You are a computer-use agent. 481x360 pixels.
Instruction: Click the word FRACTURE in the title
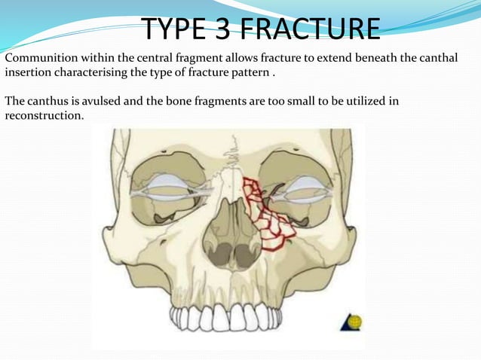coord(313,29)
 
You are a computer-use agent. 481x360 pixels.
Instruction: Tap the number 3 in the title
coord(231,29)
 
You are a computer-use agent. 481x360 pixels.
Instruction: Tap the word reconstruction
coord(41,116)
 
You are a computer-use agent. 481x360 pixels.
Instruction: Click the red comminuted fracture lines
coord(263,215)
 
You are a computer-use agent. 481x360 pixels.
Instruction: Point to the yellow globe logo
coord(352,322)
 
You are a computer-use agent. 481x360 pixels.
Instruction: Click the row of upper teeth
coord(227,316)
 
